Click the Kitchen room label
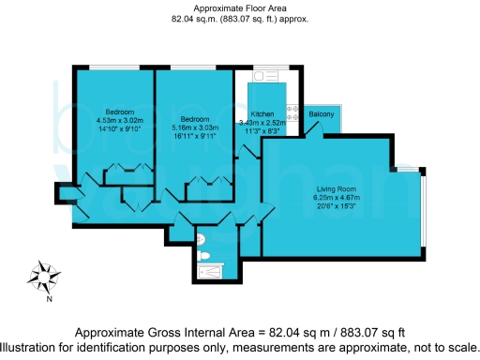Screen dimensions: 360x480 (x=262, y=113)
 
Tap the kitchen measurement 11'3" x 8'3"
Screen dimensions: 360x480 (x=261, y=130)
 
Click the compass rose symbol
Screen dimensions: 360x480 (x=42, y=277)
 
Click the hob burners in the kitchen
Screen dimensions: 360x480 (x=292, y=110)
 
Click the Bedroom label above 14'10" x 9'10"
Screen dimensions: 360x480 (x=119, y=112)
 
